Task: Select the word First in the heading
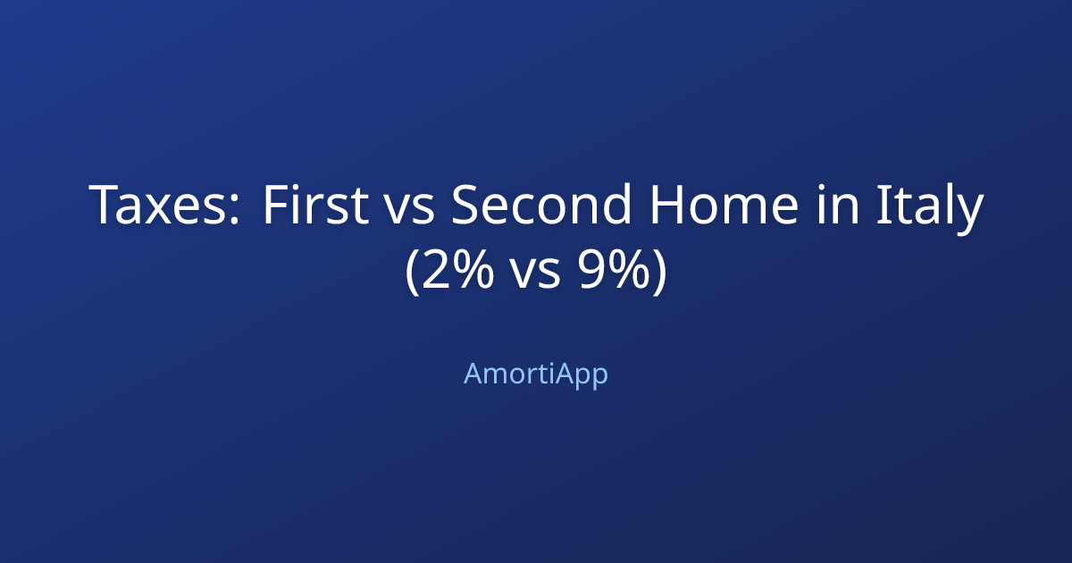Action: (314, 206)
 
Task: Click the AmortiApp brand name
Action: (536, 374)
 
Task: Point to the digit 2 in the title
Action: (437, 270)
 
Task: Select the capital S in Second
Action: (466, 206)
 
